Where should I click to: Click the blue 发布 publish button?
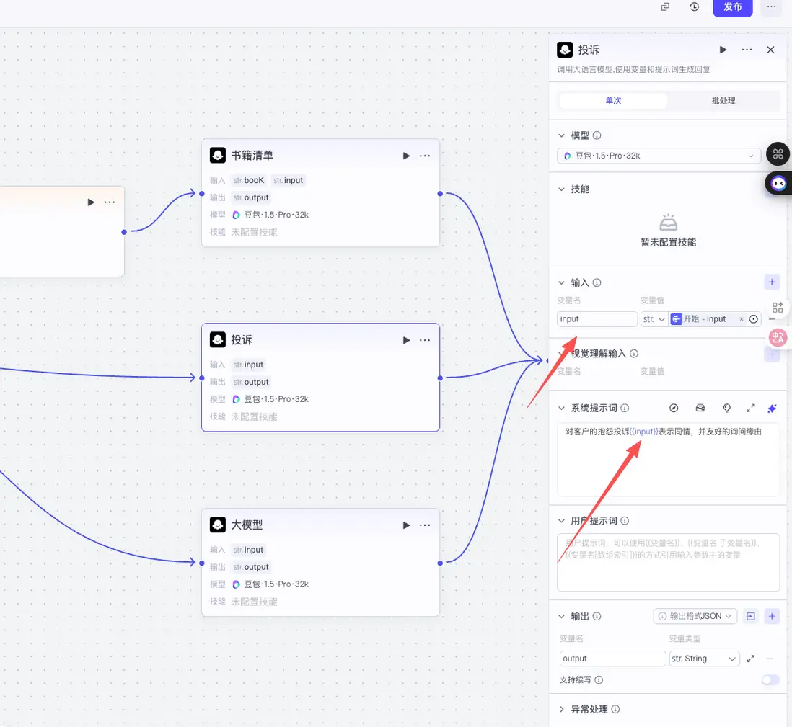[x=732, y=7]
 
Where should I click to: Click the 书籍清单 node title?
[x=252, y=156]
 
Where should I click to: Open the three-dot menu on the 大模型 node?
[x=425, y=525]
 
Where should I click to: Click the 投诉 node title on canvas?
[x=242, y=340]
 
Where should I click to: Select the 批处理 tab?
[x=723, y=101]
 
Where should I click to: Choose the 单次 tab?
[x=613, y=101]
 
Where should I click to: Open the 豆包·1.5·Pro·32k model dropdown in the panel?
[x=659, y=156]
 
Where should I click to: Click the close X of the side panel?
[x=770, y=50]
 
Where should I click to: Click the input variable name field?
[x=597, y=319]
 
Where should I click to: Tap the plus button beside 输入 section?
[x=772, y=282]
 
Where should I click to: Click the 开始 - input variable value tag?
[x=705, y=319]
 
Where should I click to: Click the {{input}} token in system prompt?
[x=644, y=432]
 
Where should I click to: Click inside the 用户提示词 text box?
[x=668, y=562]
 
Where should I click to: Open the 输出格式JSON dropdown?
[x=695, y=616]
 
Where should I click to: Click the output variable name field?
[x=612, y=659]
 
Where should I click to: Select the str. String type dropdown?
[x=704, y=659]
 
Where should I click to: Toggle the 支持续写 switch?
[x=770, y=679]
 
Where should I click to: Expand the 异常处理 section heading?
[x=589, y=710]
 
